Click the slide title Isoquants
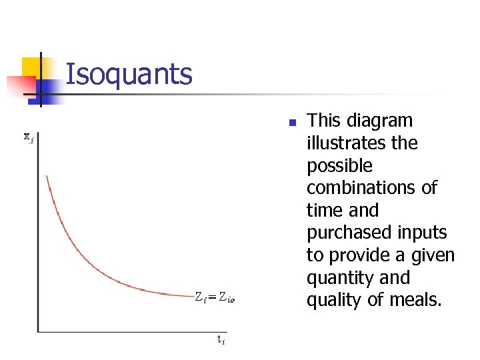click(x=129, y=75)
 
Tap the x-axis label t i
click(x=221, y=340)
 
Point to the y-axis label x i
click(x=28, y=137)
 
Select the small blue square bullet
click(x=291, y=123)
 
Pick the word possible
click(x=339, y=166)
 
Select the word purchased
click(x=346, y=233)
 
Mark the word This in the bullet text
click(x=323, y=121)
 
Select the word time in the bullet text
click(x=323, y=211)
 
